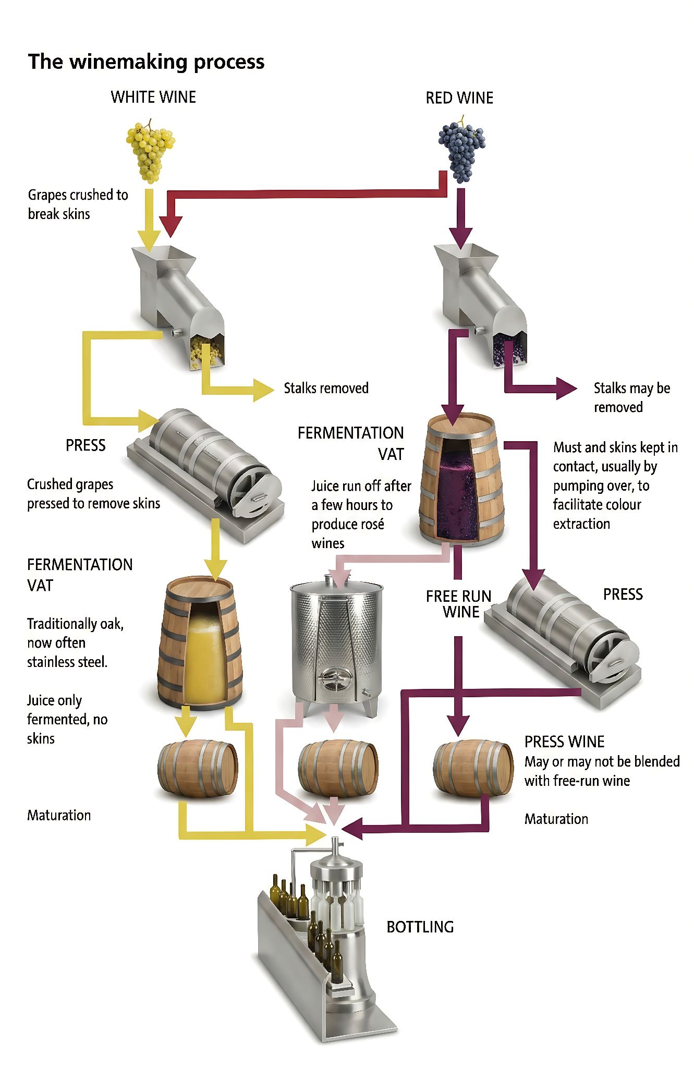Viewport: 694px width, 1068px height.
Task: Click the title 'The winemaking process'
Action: coord(146,62)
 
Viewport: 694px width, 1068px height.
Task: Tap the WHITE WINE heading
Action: coord(153,97)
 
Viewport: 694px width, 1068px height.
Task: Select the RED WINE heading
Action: coord(459,98)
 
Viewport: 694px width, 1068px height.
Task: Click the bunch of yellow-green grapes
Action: coord(150,151)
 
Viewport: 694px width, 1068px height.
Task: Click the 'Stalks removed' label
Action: coord(326,388)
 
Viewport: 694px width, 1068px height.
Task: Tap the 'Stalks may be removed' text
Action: coord(632,397)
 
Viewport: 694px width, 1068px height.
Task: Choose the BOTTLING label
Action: coord(420,927)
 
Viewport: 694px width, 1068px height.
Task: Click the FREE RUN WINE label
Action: coord(459,604)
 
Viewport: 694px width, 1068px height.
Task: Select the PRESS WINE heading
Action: coord(564,742)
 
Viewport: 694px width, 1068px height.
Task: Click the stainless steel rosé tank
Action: coord(336,645)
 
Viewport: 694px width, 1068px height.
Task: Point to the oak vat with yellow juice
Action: coord(200,642)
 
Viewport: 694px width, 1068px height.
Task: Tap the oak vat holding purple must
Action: coord(462,479)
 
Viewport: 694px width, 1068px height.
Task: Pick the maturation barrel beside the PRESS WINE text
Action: coord(473,768)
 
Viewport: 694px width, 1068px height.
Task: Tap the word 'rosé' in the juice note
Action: coord(371,524)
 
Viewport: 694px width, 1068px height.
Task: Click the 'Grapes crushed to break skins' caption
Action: coord(78,204)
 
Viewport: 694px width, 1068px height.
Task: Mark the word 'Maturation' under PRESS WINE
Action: coord(556,819)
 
